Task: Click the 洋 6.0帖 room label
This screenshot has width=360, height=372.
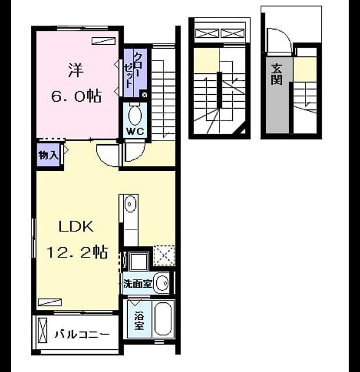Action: pyautogui.click(x=76, y=83)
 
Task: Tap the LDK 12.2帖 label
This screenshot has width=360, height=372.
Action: pyautogui.click(x=77, y=239)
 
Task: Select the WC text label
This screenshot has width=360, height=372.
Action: pyautogui.click(x=135, y=131)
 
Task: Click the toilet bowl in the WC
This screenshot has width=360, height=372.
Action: pyautogui.click(x=135, y=115)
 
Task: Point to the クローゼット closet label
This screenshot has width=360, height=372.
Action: pyautogui.click(x=133, y=70)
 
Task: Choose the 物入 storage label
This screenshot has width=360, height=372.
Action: pyautogui.click(x=48, y=155)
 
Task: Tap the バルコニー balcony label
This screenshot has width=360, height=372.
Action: pyautogui.click(x=82, y=335)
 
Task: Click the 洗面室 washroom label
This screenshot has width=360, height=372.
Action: pyautogui.click(x=138, y=283)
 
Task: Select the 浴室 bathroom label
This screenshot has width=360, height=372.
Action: pyautogui.click(x=139, y=321)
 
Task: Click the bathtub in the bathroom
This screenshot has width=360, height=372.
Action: pyautogui.click(x=163, y=319)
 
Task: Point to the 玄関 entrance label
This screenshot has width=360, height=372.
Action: pyautogui.click(x=277, y=74)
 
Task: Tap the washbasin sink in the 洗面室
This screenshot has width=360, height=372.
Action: pyautogui.click(x=161, y=283)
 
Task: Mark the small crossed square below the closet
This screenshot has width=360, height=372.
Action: pyautogui.click(x=144, y=95)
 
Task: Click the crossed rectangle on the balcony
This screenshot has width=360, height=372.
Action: pyautogui.click(x=42, y=330)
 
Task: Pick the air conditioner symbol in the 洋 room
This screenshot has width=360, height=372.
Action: pyautogui.click(x=104, y=41)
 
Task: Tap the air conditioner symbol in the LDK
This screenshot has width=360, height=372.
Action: pyautogui.click(x=50, y=302)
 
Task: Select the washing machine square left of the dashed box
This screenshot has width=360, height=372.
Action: pyautogui.click(x=139, y=262)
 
